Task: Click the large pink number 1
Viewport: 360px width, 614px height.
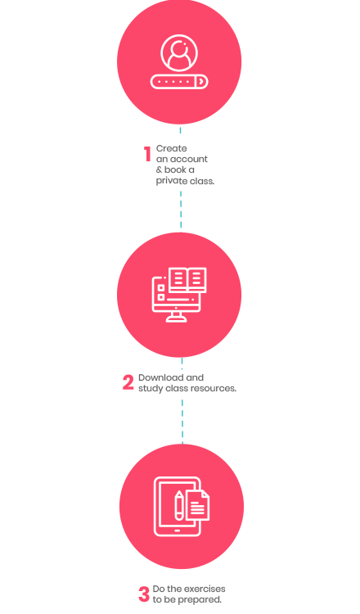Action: click(x=147, y=154)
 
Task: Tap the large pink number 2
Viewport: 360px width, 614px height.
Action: click(x=128, y=382)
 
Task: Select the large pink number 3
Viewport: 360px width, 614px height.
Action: click(x=144, y=594)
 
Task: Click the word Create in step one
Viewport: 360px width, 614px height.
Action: click(x=171, y=148)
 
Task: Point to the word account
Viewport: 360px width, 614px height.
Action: click(x=189, y=160)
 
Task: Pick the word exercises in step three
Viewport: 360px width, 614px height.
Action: click(x=205, y=589)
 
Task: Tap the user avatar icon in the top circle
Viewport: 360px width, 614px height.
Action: click(x=179, y=53)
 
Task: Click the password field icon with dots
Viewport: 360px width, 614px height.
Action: click(x=179, y=82)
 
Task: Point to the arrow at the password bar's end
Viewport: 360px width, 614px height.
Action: click(x=201, y=82)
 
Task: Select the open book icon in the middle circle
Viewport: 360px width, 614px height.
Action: click(x=187, y=280)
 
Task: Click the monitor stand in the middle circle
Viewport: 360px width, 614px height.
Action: click(x=176, y=317)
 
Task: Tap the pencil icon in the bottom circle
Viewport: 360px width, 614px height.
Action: click(x=179, y=505)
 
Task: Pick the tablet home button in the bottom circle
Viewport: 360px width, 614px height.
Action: click(x=178, y=530)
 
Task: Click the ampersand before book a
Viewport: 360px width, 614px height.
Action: click(x=159, y=170)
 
